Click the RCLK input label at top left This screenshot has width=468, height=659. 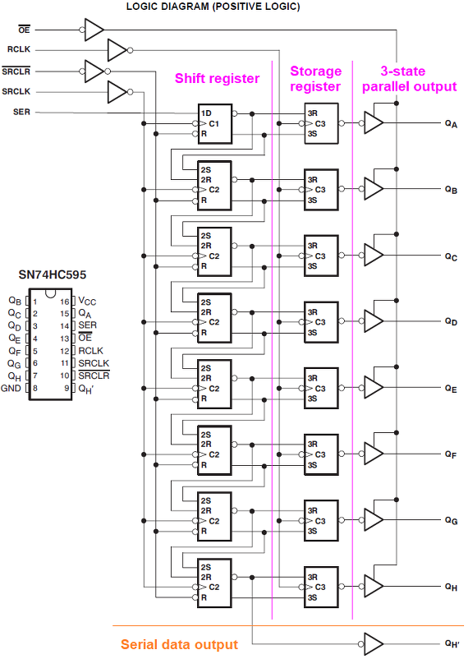pyautogui.click(x=19, y=49)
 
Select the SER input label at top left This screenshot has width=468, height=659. pyautogui.click(x=21, y=112)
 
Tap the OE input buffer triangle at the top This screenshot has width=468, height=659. pyautogui.click(x=94, y=30)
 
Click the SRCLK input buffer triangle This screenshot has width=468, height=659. pyautogui.click(x=117, y=92)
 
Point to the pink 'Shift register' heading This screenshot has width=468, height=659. pyautogui.click(x=218, y=79)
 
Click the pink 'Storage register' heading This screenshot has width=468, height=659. pyautogui.click(x=315, y=79)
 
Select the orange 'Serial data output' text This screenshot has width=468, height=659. pyautogui.click(x=179, y=644)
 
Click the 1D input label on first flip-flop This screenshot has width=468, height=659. pyautogui.click(x=206, y=113)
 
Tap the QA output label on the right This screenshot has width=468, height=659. pyautogui.click(x=452, y=123)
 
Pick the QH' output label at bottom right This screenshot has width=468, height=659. pyautogui.click(x=452, y=643)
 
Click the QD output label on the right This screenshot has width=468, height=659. pyautogui.click(x=452, y=321)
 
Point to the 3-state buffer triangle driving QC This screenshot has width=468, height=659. pyautogui.click(x=374, y=255)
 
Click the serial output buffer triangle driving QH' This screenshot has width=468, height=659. pyautogui.click(x=374, y=644)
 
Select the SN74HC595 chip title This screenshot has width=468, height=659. pyautogui.click(x=53, y=275)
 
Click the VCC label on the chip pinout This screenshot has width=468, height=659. pyautogui.click(x=87, y=302)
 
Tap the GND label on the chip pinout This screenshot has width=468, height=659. pyautogui.click(x=11, y=389)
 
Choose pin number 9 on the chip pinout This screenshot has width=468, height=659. pyautogui.click(x=67, y=389)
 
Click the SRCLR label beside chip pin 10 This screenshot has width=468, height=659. pyautogui.click(x=94, y=376)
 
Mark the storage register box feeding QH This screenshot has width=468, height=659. pyautogui.click(x=321, y=587)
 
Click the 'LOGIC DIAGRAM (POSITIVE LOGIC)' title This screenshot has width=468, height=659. pyautogui.click(x=213, y=7)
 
